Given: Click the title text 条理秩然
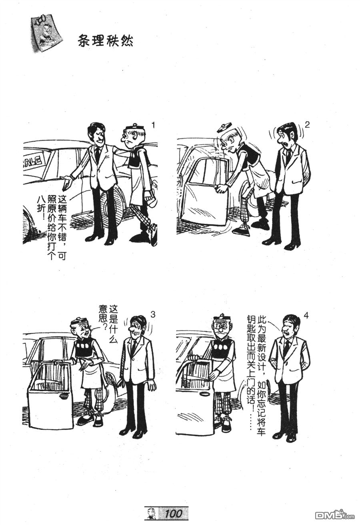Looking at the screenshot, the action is (x=105, y=42).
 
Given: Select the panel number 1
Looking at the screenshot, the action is (x=153, y=126).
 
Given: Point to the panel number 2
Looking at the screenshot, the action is (x=307, y=124).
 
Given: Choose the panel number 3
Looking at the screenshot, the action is (x=153, y=315).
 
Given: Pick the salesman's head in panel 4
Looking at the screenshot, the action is (x=290, y=324).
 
